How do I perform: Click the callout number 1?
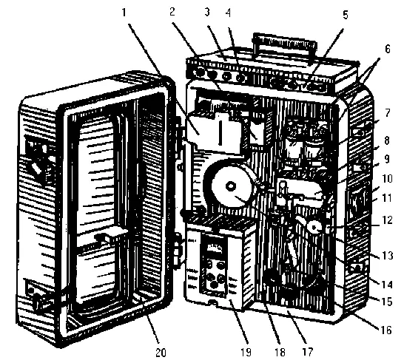pyautogui.click(x=124, y=12)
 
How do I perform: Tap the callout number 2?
pyautogui.click(x=172, y=12)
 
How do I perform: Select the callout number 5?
pyautogui.click(x=346, y=15)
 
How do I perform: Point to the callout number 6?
pyautogui.click(x=388, y=49)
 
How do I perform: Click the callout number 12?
pyautogui.click(x=386, y=220)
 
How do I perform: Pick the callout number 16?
pyautogui.click(x=386, y=330)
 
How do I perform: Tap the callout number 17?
pyautogui.click(x=307, y=352)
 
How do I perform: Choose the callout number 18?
pyautogui.click(x=280, y=352)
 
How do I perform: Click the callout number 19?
pyautogui.click(x=246, y=352)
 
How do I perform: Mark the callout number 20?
pyautogui.click(x=161, y=352)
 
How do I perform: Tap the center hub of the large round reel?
pyautogui.click(x=230, y=186)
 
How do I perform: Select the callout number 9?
pyautogui.click(x=387, y=159)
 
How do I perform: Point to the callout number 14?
pyautogui.click(x=386, y=285)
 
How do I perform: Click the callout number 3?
pyautogui.click(x=207, y=12)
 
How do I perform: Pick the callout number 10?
pyautogui.click(x=387, y=178)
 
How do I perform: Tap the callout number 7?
pyautogui.click(x=387, y=112)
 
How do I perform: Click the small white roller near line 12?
pyautogui.click(x=314, y=227)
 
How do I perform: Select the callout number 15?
pyautogui.click(x=386, y=302)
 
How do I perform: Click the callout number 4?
pyautogui.click(x=229, y=12)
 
